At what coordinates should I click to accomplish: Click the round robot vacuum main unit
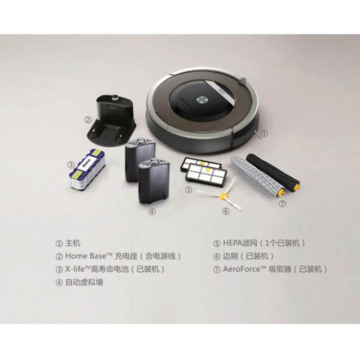click(202, 108)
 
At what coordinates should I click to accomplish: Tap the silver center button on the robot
click(202, 99)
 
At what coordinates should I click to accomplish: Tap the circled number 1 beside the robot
click(264, 133)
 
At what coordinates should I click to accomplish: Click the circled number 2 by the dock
click(87, 119)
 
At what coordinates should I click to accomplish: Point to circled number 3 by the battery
click(71, 165)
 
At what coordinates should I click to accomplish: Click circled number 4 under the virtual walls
click(152, 212)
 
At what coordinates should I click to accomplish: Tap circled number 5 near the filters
click(189, 189)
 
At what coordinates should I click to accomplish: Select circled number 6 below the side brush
click(226, 211)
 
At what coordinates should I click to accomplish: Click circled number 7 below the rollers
click(283, 204)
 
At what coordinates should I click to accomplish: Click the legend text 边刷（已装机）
click(248, 256)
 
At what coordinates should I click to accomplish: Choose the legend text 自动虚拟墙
click(84, 282)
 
